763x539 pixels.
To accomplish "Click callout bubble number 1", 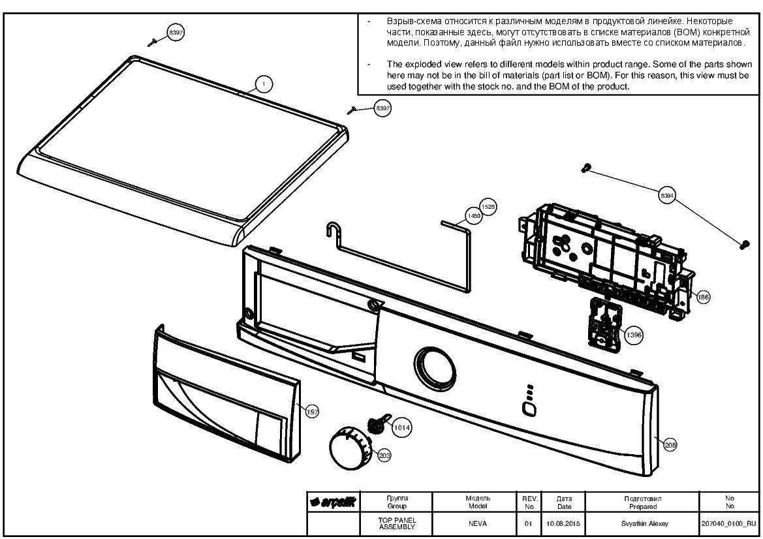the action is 263,84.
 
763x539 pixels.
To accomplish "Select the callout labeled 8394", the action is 666,196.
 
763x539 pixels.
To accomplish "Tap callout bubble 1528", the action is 488,207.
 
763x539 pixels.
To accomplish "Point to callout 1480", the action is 473,216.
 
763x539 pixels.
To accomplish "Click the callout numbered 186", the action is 703,297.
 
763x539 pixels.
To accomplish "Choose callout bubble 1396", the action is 634,335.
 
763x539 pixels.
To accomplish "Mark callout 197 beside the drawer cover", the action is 312,412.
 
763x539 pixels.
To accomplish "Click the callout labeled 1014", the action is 401,427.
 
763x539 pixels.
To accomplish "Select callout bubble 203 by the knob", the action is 384,456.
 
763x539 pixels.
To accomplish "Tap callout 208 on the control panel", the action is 670,444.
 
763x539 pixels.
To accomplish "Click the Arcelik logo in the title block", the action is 334,502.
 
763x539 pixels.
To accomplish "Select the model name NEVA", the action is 478,523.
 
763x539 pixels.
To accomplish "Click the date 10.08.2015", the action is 563,523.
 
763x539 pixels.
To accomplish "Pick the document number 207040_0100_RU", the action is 729,524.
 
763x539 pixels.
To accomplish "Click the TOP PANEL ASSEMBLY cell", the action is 397,523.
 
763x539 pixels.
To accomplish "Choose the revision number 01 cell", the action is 529,523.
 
